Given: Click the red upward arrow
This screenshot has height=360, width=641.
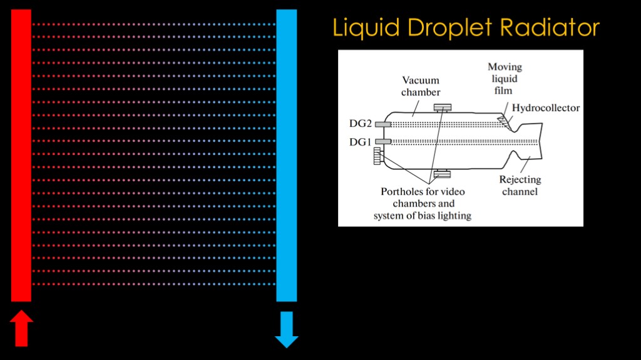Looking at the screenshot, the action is point(21,328).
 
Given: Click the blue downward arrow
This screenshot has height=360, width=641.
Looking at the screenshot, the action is point(287,329).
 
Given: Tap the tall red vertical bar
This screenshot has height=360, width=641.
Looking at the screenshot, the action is point(21,156).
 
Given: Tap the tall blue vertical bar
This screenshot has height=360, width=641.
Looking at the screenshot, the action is point(287,156).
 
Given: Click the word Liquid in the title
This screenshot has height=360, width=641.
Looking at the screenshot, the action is point(366,27).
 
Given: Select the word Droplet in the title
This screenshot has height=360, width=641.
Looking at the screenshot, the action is point(449,27).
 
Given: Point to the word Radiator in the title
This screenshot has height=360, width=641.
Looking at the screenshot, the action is point(550,27).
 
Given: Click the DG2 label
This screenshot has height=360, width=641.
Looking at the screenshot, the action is point(360,123).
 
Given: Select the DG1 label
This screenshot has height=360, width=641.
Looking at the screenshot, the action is point(360,142).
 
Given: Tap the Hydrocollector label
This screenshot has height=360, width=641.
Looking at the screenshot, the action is point(546,107).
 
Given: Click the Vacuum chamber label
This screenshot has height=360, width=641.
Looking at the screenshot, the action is point(421,86).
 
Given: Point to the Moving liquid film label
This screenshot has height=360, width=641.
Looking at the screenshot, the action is point(505,78).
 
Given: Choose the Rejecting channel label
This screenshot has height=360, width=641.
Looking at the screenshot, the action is point(520,185).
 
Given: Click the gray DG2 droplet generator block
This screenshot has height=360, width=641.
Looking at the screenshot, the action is point(383,124).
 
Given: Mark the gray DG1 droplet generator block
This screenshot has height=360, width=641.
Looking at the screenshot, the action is point(383,142).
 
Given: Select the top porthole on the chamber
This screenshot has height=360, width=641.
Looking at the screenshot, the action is point(443,107).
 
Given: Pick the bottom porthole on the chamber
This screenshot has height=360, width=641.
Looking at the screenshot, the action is point(443,174).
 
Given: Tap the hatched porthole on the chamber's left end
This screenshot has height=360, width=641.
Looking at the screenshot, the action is point(378,156).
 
